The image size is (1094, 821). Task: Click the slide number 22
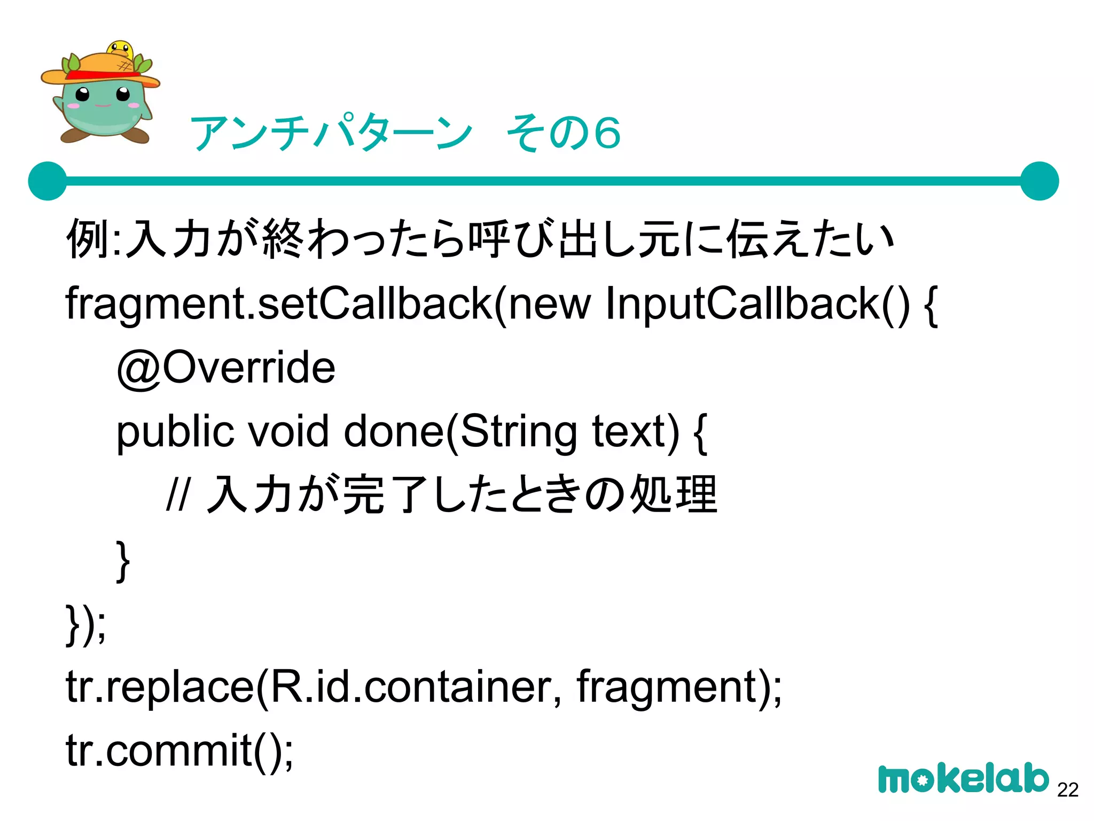[1067, 789]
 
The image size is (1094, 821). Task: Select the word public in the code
[175, 432]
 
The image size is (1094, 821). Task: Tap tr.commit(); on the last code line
[179, 750]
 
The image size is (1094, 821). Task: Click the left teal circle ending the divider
[48, 181]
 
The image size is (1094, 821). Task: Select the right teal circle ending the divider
[1039, 181]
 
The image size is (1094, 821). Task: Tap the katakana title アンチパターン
[331, 133]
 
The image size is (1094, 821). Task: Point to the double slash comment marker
[177, 495]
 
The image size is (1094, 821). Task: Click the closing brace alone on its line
[123, 560]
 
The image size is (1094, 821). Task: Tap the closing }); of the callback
[85, 624]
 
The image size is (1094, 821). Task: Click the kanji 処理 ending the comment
[674, 495]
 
